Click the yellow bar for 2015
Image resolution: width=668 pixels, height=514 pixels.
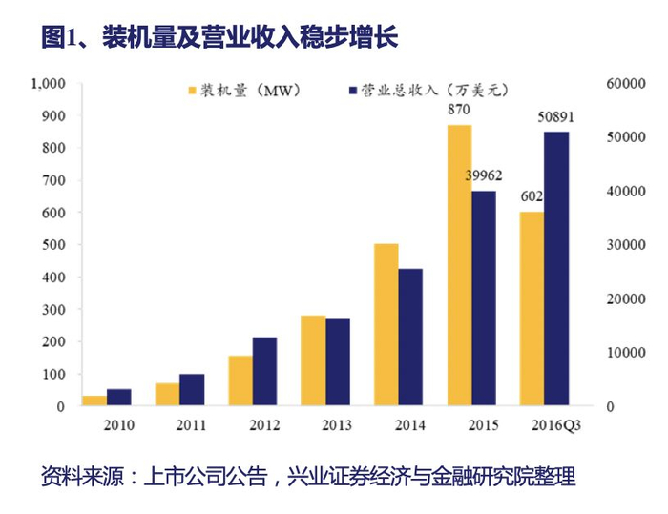pyautogui.click(x=460, y=265)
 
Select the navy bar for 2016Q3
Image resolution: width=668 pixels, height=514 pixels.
pyautogui.click(x=556, y=269)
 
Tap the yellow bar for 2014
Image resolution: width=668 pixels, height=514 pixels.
pyautogui.click(x=386, y=324)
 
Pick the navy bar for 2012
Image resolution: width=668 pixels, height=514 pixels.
pyautogui.click(x=264, y=371)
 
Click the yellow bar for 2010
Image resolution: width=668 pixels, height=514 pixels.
pyautogui.click(x=94, y=401)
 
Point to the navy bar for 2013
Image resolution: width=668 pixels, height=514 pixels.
pyautogui.click(x=337, y=361)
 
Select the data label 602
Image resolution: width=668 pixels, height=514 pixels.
pyautogui.click(x=531, y=196)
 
